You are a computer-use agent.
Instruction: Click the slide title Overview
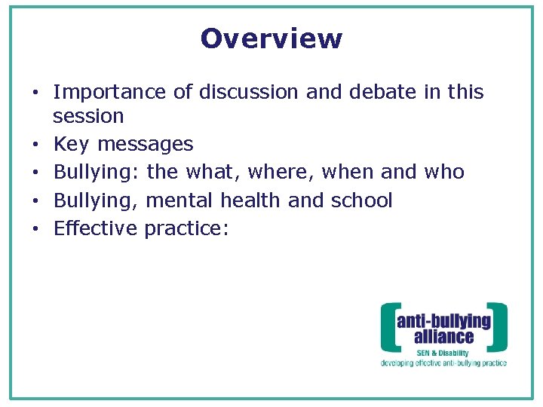(271, 38)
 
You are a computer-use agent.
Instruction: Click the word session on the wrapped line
(88, 117)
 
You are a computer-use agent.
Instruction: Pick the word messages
(146, 145)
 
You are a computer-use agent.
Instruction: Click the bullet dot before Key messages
(35, 145)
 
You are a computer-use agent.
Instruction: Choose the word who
(444, 173)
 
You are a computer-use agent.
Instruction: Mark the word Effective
(96, 228)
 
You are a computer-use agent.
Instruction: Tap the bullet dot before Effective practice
(35, 228)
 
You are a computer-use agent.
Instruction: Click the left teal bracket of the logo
(386, 328)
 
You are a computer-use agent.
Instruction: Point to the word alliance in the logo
(443, 336)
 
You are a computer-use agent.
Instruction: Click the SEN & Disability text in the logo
(443, 353)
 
